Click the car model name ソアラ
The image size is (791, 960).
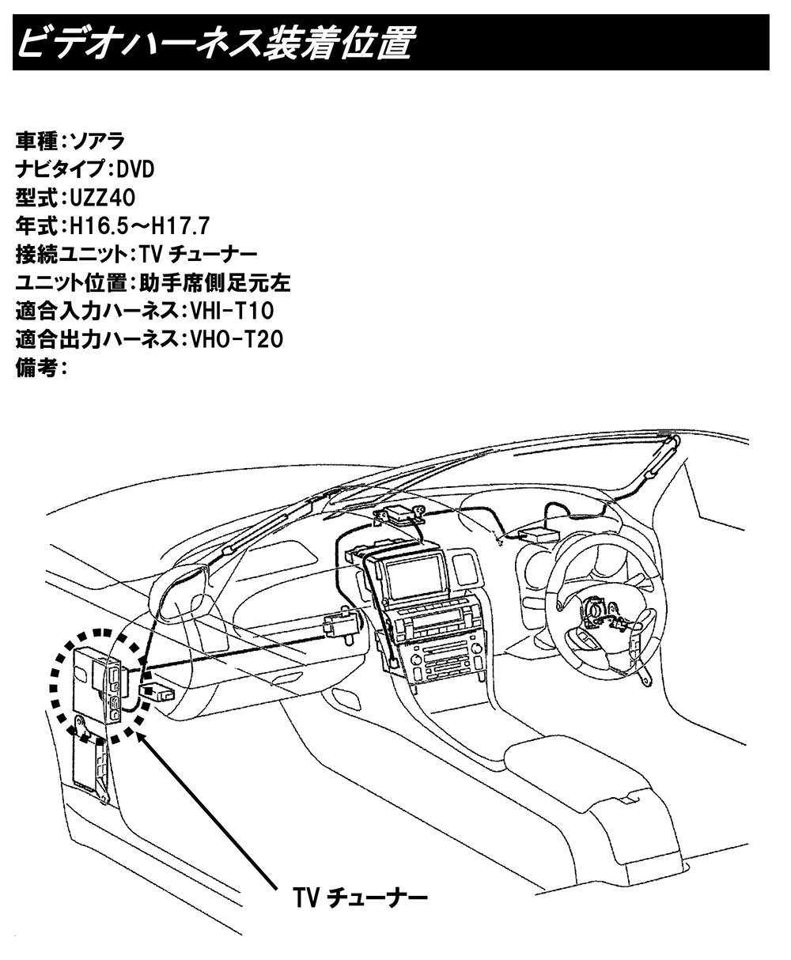[x=97, y=141]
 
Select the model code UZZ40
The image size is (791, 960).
[x=103, y=198]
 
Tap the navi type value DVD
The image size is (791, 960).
[x=135, y=169]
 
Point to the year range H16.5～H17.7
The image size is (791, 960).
[x=140, y=225]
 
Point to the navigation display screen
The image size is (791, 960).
[x=415, y=580]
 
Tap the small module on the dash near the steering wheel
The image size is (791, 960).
[x=538, y=535]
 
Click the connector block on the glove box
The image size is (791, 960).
[x=342, y=624]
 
